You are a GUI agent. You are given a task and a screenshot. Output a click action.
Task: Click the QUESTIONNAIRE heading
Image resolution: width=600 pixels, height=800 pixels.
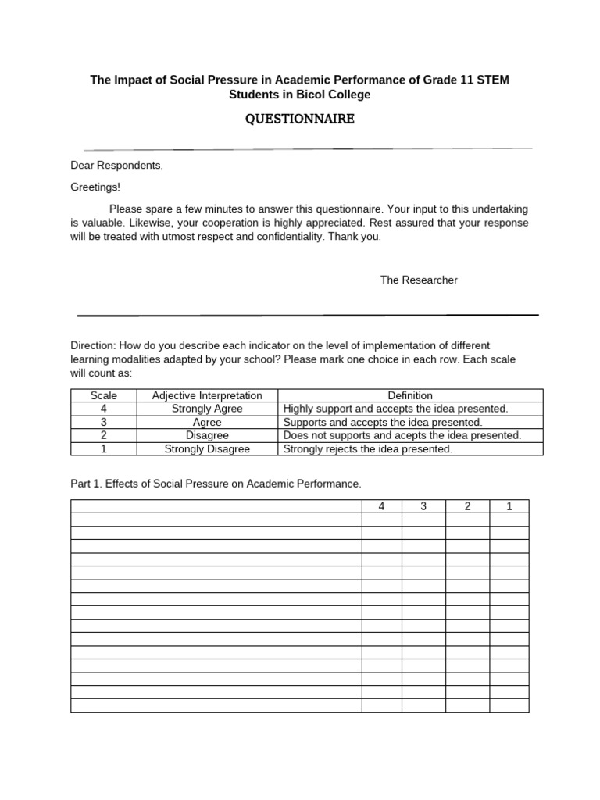coord(301,119)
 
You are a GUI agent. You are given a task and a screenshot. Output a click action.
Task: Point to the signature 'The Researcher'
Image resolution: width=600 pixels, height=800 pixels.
coord(419,280)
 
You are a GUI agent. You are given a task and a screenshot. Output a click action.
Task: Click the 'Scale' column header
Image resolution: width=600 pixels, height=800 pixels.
coord(103,395)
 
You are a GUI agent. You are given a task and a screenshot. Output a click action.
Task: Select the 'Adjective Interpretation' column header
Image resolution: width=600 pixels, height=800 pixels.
coord(207,395)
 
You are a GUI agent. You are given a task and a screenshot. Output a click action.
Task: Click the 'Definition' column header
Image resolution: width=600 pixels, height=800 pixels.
coord(410,395)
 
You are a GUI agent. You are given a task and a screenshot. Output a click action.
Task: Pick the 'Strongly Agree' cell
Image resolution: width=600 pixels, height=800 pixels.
coord(207,409)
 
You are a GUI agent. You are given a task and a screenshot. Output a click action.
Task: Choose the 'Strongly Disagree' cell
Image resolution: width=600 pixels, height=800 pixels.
coord(207,448)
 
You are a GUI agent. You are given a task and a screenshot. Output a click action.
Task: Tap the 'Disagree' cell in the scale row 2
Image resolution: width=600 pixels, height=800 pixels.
coord(207,435)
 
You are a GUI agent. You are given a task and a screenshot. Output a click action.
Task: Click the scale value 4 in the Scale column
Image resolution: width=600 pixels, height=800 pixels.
coord(103,409)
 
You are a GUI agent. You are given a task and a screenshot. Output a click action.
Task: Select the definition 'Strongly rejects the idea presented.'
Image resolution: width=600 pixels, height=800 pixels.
coord(368,448)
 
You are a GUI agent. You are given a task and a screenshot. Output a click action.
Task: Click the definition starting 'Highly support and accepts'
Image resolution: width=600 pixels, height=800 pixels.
coord(395,409)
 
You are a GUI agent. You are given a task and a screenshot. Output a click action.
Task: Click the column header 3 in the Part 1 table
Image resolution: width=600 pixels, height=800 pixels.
coord(423,506)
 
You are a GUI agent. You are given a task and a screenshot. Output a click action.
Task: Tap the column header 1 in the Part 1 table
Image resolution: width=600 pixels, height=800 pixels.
coord(509,506)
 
